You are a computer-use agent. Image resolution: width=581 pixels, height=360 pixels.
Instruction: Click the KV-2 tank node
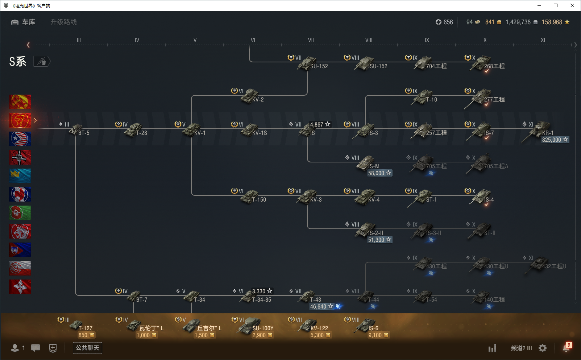[x=250, y=96]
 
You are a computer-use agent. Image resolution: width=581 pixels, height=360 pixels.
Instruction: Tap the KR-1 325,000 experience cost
[x=555, y=140]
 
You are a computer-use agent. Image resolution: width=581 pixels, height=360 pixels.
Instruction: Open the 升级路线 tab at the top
[x=63, y=22]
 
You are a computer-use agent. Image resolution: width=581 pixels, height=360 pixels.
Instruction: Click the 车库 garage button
[x=24, y=22]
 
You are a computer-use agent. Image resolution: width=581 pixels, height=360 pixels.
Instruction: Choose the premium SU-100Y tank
[x=250, y=326]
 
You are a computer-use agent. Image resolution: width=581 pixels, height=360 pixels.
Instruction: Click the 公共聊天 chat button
[x=87, y=348]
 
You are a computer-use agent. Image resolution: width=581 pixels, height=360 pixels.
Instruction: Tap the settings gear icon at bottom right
[x=543, y=348]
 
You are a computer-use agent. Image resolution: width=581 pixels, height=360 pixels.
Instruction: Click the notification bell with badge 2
[x=566, y=348]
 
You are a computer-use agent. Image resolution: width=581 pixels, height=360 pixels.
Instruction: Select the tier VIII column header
[x=369, y=40]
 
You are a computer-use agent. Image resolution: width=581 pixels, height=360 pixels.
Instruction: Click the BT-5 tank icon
[x=76, y=129]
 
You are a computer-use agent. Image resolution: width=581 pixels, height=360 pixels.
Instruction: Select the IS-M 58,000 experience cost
[x=379, y=173]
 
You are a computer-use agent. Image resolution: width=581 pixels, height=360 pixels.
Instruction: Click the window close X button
[x=572, y=5]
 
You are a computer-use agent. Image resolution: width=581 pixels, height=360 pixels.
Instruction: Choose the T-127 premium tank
[x=77, y=325]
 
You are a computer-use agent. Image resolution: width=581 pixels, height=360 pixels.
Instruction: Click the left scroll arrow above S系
[x=28, y=45]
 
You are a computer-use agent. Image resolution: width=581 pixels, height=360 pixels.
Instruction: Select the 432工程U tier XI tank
[x=540, y=264]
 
